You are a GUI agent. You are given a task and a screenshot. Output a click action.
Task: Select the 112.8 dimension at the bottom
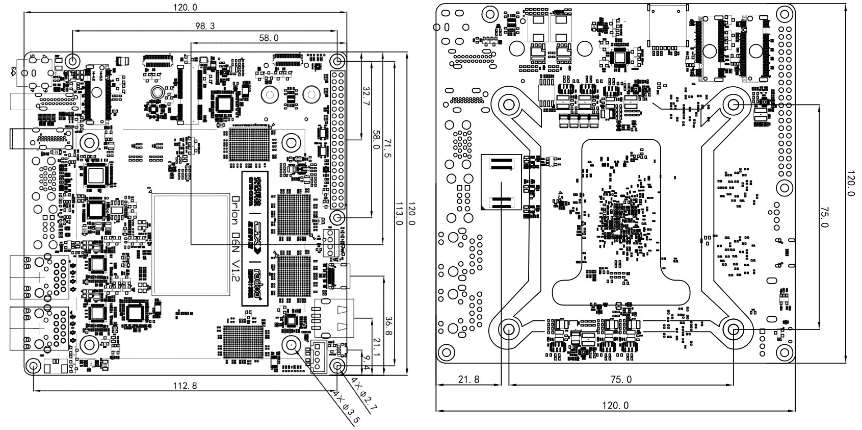click(x=185, y=386)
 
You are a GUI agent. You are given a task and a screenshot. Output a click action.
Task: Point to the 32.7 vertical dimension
click(x=365, y=95)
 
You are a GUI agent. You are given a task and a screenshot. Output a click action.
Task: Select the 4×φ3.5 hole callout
click(x=347, y=408)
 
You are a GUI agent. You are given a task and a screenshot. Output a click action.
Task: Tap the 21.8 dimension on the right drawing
click(x=468, y=380)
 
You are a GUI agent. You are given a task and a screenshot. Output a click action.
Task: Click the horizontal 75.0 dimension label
click(x=620, y=380)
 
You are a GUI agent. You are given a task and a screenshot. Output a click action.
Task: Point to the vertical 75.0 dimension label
click(x=824, y=217)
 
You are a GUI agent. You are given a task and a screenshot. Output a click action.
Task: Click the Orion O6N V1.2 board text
click(x=235, y=240)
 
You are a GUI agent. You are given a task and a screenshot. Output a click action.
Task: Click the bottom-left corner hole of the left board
click(x=34, y=366)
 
